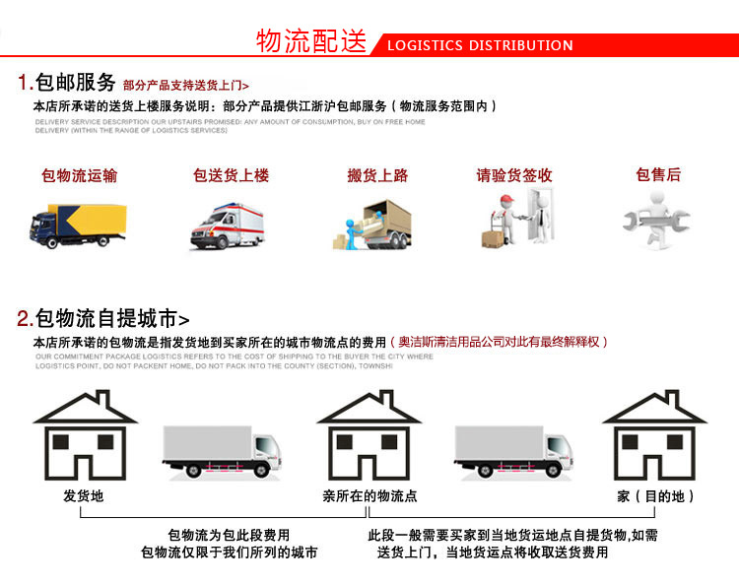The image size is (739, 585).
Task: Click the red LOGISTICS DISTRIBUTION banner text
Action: [x=480, y=45]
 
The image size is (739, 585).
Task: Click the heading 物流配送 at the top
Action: [x=311, y=41]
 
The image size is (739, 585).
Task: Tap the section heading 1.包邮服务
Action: [x=67, y=83]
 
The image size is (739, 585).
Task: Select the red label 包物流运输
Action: [x=79, y=175]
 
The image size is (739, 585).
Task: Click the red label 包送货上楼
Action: [x=231, y=175]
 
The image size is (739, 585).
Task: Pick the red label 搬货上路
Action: [x=377, y=175]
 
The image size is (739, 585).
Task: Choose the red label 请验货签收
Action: [x=514, y=175]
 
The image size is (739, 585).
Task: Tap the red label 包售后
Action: [x=658, y=175]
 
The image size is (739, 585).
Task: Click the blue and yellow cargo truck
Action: [x=79, y=225]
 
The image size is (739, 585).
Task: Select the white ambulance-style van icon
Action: [x=230, y=227]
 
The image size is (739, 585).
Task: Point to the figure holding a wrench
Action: [x=656, y=223]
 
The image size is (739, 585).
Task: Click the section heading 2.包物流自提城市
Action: [x=102, y=319]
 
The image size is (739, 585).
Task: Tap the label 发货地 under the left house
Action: [x=84, y=496]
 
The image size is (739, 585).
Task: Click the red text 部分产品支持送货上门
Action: [x=185, y=86]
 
